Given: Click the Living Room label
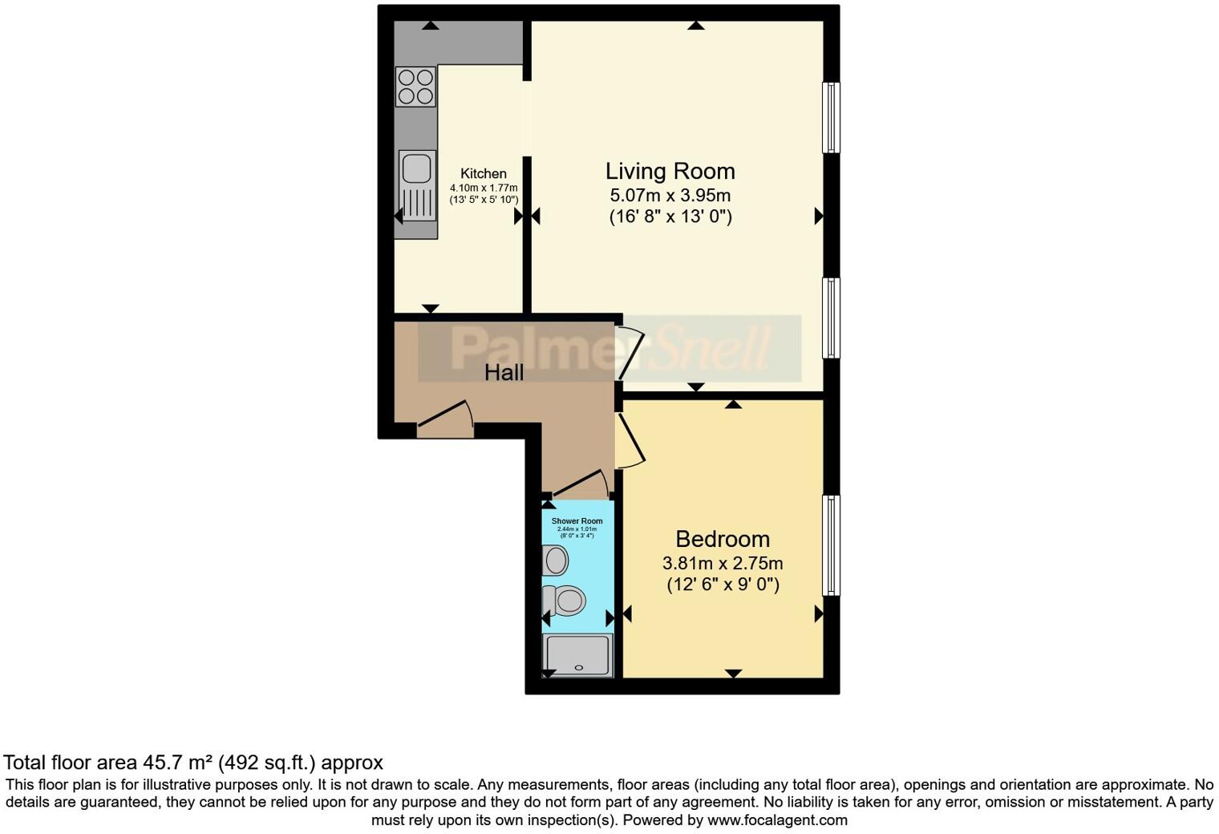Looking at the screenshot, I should [670, 171].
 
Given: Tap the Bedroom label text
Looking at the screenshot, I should [722, 539].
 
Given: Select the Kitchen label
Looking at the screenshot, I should [483, 173].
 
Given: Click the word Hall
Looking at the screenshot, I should [504, 372].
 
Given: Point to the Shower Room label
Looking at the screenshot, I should [577, 521].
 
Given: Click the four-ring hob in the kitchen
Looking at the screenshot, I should [415, 87].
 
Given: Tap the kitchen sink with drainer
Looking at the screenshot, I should [417, 184].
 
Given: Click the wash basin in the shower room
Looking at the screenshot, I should [555, 560].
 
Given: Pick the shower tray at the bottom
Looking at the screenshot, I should [578, 655].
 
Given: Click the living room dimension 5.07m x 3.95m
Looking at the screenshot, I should [670, 195].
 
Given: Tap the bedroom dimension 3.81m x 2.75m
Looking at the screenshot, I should [722, 562].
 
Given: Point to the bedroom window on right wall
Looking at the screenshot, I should [832, 545].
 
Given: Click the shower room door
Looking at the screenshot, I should [579, 484].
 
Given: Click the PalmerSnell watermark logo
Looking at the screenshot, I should [609, 349].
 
